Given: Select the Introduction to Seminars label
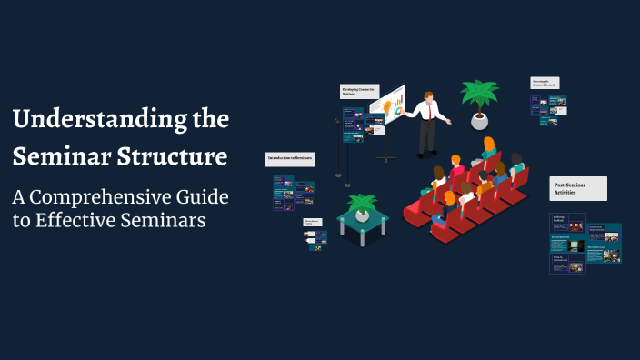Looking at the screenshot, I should pyautogui.click(x=290, y=158).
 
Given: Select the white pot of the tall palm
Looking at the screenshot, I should pyautogui.click(x=478, y=121).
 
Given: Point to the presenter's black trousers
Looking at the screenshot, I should pyautogui.click(x=426, y=136).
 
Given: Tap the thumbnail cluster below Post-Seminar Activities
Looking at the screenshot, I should pyautogui.click(x=585, y=243).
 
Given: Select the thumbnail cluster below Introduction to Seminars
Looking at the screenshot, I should pyautogui.click(x=293, y=193).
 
